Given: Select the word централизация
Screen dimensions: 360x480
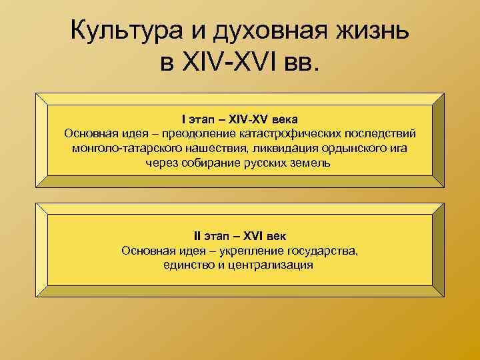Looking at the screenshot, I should pos(270,265).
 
